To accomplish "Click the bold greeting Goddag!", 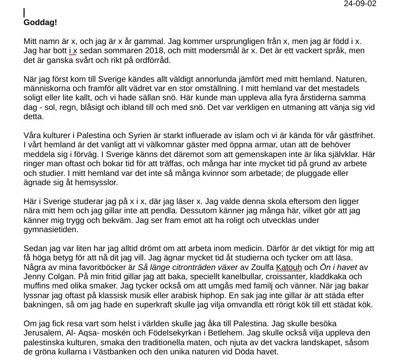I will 40,22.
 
